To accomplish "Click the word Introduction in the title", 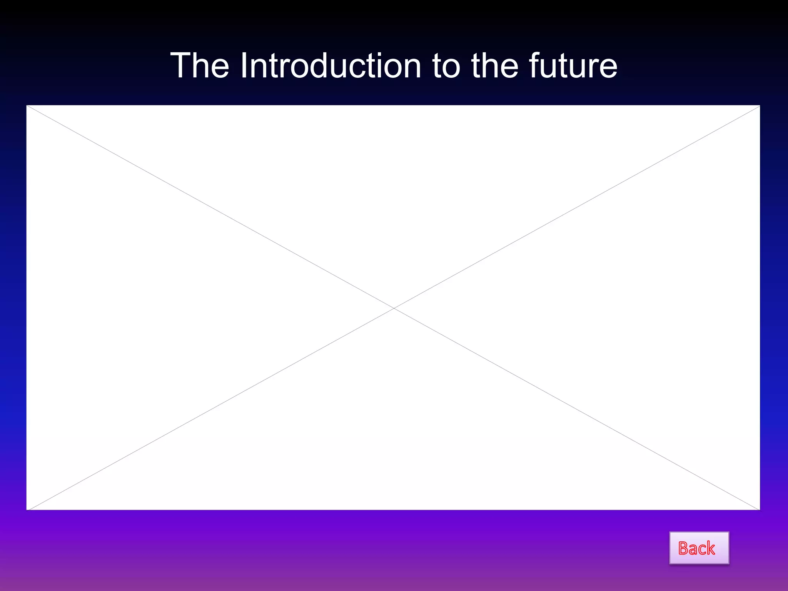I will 331,66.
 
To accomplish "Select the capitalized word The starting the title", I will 200,66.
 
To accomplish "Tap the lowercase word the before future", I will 494,66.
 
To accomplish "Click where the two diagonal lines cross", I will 394,308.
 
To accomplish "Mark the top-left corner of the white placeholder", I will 27,105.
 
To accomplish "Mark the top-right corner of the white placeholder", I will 760,105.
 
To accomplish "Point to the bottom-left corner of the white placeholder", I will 27,510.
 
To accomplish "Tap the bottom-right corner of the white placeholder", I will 760,510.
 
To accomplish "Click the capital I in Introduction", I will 244,66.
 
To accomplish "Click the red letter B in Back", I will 684,548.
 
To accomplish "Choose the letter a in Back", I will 694,550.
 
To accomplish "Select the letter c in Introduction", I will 365,68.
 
